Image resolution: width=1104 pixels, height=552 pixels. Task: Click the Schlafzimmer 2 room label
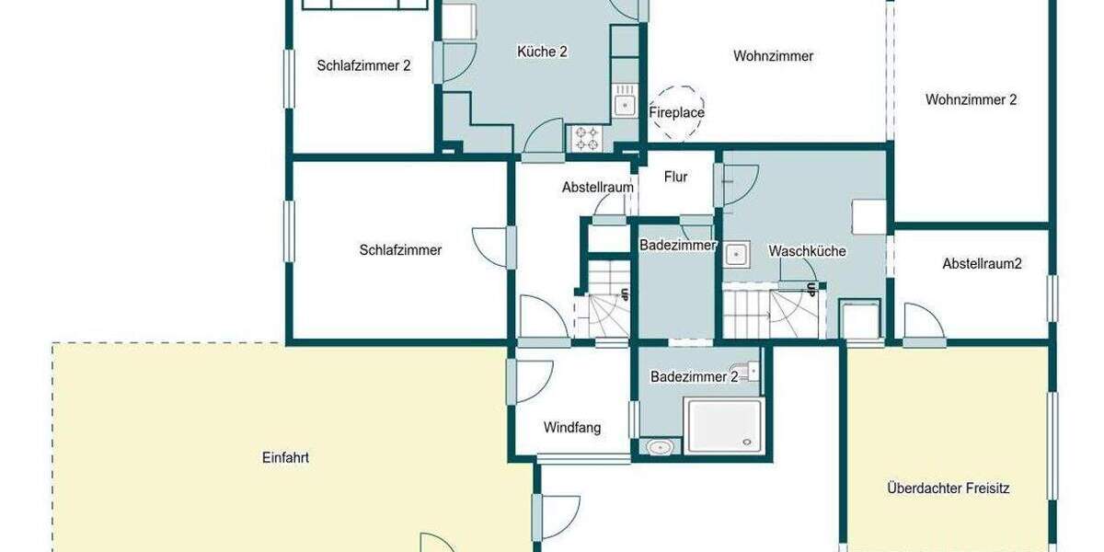click(363, 65)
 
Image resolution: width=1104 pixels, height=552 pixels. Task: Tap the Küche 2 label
click(542, 52)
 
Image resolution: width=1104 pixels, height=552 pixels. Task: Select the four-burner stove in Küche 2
click(587, 138)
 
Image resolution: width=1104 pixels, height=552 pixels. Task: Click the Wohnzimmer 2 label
click(971, 99)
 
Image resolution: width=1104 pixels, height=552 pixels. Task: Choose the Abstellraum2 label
click(982, 263)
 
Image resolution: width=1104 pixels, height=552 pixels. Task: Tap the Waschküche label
click(807, 250)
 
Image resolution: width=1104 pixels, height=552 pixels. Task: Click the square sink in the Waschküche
click(737, 253)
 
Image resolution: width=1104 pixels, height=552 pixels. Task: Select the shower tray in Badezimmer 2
click(724, 425)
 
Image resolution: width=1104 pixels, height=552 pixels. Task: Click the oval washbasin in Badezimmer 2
click(660, 448)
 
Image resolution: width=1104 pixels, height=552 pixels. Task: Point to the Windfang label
click(572, 427)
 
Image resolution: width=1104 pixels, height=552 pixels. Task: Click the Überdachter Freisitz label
click(949, 488)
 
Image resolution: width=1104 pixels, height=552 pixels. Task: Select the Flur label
click(675, 178)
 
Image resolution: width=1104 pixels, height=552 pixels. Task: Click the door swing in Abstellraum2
click(920, 322)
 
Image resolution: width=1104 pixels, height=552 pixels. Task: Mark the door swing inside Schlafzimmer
click(489, 247)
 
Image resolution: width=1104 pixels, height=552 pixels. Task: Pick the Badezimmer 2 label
click(694, 376)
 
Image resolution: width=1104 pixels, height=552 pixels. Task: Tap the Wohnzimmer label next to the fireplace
click(773, 56)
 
